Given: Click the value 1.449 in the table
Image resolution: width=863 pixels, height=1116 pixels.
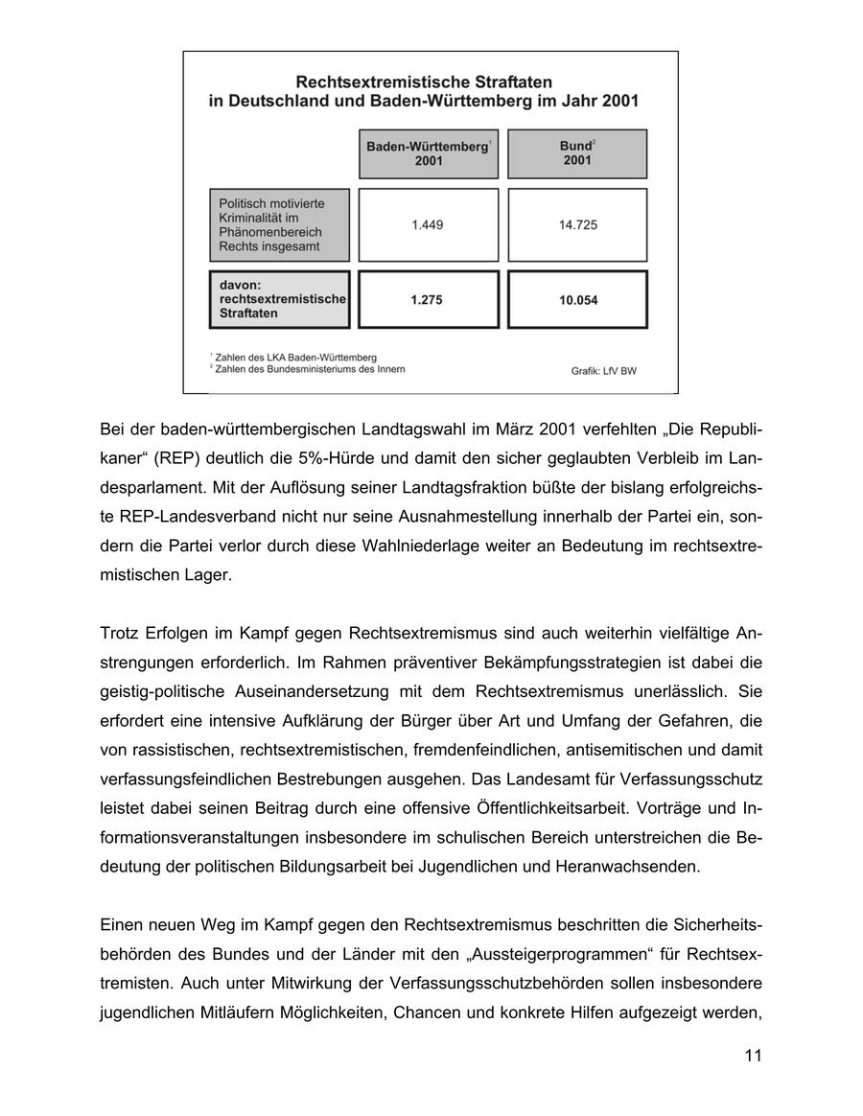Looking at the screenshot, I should point(428,224).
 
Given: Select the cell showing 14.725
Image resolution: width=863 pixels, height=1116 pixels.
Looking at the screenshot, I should point(577,224).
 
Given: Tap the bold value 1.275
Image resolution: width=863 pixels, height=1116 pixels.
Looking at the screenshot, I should point(427,300).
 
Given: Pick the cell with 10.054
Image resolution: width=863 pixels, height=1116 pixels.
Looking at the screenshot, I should point(577,300).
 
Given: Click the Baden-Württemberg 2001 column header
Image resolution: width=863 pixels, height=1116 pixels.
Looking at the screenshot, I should point(428,153).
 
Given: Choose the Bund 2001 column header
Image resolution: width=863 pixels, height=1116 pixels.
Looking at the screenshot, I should point(576,153).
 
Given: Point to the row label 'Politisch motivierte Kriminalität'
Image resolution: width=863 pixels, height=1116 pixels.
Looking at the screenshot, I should point(279,224).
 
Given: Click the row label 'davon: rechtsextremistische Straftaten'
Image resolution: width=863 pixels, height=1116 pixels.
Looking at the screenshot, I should point(279,300).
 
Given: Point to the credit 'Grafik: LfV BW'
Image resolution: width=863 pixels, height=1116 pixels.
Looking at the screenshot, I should point(603,371).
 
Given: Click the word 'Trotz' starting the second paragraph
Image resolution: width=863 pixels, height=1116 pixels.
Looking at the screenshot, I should point(119,633).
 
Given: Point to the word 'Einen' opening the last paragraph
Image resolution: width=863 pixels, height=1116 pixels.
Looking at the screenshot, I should point(122,925).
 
